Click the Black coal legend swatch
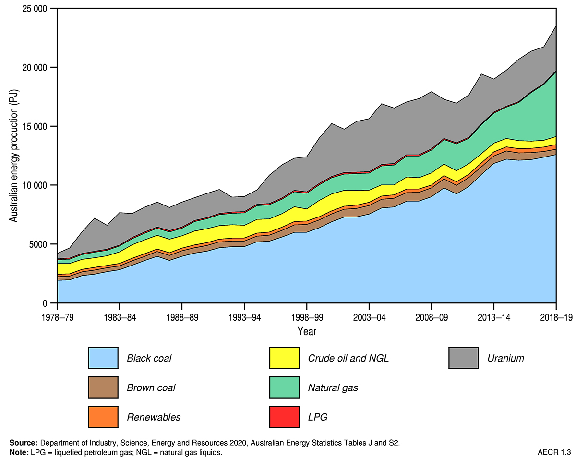click(x=103, y=358)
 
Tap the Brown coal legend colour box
click(x=103, y=387)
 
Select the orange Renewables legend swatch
click(x=103, y=417)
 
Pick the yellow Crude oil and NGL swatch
click(x=284, y=358)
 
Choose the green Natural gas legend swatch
click(x=284, y=387)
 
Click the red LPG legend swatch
click(x=284, y=417)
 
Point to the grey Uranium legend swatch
click(x=464, y=358)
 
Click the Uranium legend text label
click(x=505, y=358)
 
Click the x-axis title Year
click(x=307, y=331)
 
